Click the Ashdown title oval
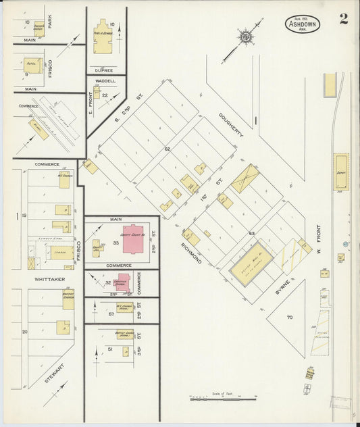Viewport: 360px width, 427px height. pos(302,24)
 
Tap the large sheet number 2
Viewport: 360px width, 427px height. pos(344,18)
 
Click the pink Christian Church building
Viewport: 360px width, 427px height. pos(123,282)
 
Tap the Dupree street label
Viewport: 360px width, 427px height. pos(103,69)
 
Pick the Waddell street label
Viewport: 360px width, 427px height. pos(106,81)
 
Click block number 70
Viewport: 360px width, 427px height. pos(290,316)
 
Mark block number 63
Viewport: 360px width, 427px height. pos(251,233)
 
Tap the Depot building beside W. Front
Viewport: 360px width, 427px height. pos(341,168)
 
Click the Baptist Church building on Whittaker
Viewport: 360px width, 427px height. pos(68,297)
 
